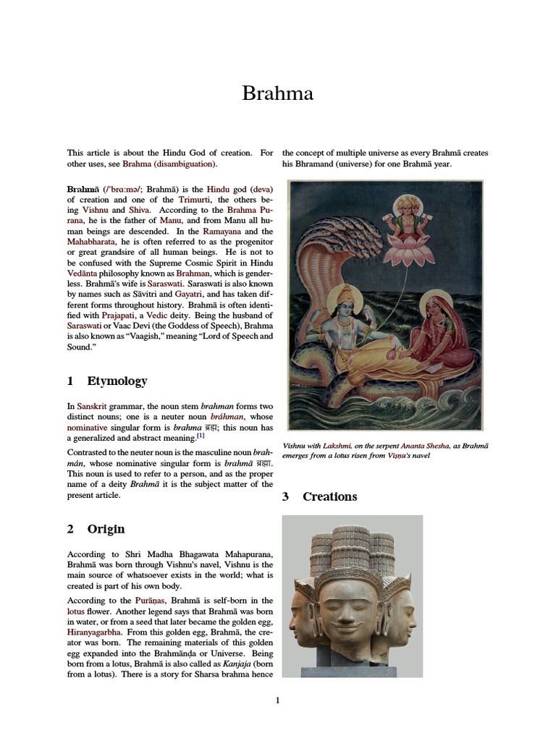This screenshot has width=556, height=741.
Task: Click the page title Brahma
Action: click(277, 93)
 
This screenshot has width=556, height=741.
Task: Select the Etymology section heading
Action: click(117, 381)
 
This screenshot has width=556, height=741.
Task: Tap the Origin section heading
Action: click(106, 529)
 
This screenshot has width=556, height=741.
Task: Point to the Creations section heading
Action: click(329, 496)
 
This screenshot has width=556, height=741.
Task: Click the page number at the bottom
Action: click(277, 700)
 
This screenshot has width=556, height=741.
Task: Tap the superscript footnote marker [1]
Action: click(201, 436)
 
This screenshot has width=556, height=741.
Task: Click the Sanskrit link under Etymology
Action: click(96, 407)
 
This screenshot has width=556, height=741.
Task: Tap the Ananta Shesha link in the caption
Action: click(424, 446)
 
